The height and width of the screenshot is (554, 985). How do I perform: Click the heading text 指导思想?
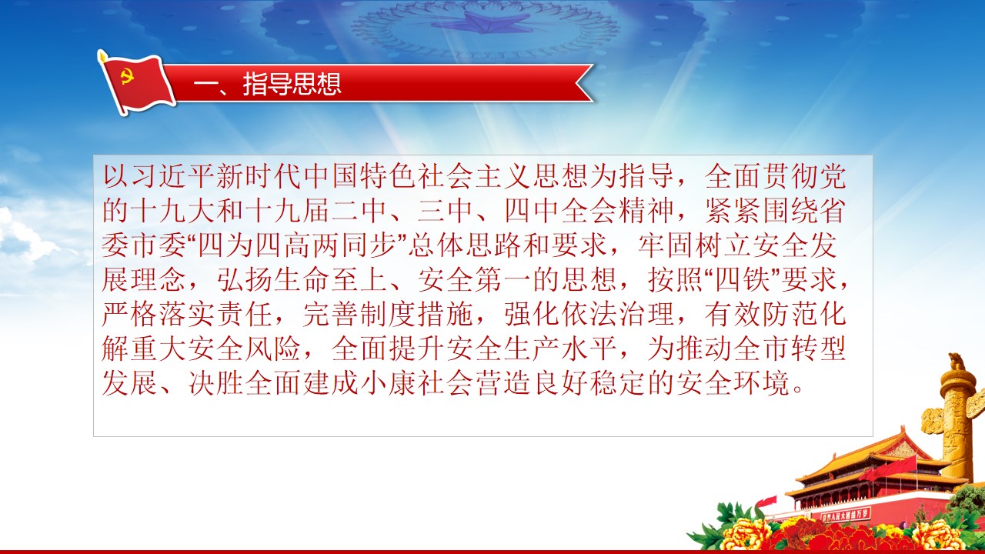coord(292,84)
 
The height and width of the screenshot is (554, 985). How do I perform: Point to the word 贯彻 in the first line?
coord(790,176)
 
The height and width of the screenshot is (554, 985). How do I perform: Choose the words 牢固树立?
coord(695,245)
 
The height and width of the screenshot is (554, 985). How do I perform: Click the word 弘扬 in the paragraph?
coord(245,279)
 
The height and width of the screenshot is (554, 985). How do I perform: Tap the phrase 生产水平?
coord(560,349)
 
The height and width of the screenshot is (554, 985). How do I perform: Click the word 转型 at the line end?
coord(818,349)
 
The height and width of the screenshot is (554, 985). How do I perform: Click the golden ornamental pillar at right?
coord(957,418)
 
